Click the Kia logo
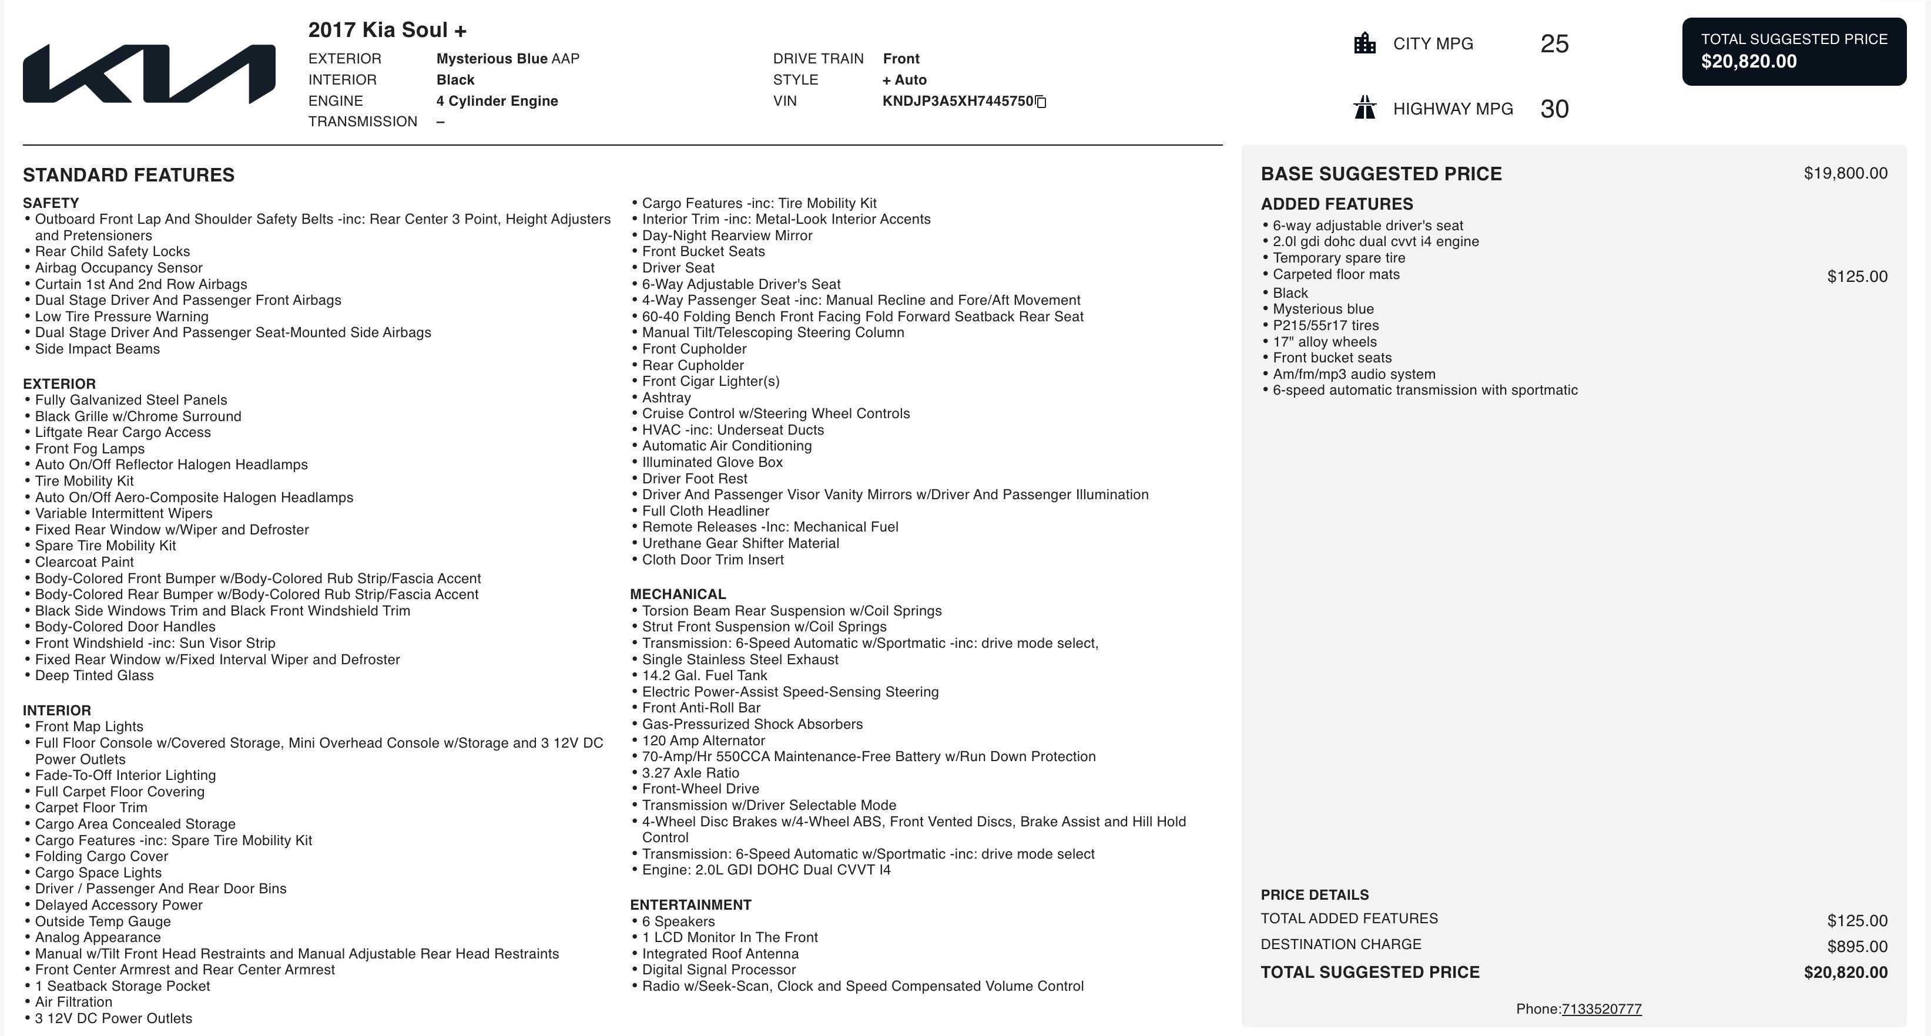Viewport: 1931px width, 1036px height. tap(149, 73)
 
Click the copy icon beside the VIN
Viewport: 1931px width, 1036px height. tap(1041, 102)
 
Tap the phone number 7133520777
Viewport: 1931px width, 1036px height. tap(1601, 1009)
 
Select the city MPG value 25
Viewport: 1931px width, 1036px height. tap(1554, 44)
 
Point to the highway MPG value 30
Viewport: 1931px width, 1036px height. tap(1554, 109)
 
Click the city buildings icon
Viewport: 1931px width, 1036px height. tap(1365, 43)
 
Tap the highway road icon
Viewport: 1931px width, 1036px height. tap(1365, 108)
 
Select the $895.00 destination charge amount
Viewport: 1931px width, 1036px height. tap(1857, 946)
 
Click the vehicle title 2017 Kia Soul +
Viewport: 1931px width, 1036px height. tap(387, 30)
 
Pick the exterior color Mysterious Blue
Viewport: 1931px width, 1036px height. tap(492, 58)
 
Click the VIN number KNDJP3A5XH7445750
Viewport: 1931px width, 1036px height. tap(957, 101)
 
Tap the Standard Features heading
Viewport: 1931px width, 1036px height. tap(128, 175)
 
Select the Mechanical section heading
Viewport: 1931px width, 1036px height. tap(678, 594)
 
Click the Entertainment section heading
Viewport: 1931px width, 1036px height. tap(690, 905)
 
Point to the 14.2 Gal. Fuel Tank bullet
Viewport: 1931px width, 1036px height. tap(704, 675)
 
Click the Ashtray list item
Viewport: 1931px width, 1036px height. tap(666, 398)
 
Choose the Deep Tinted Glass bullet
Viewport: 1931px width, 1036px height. tap(93, 675)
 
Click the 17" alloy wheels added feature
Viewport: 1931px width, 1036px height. tap(1324, 342)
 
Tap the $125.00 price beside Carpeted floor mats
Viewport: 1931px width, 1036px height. tap(1857, 277)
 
